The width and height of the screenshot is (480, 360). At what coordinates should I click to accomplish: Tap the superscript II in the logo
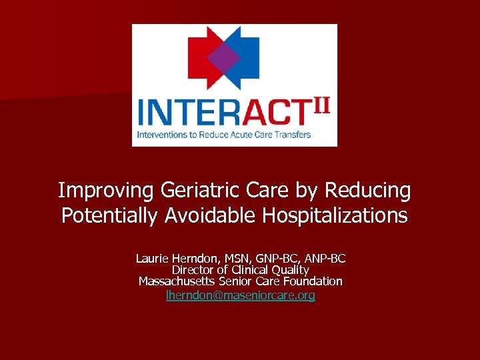coord(322,106)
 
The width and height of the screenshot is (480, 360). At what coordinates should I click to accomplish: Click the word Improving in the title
coord(107,191)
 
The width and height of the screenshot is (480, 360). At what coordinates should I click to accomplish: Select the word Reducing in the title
coord(367,191)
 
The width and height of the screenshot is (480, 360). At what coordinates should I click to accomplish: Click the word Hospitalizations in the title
coord(335,215)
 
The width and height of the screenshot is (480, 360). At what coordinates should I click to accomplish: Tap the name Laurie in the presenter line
coord(153,258)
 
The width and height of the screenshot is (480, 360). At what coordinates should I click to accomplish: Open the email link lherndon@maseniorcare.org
coord(241,294)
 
